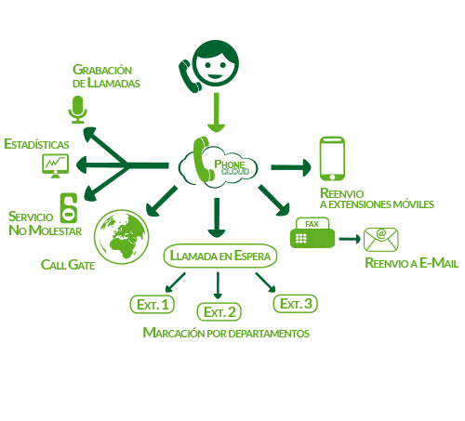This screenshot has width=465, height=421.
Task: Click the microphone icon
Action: click(77, 110)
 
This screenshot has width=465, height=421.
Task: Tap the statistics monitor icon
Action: click(56, 165)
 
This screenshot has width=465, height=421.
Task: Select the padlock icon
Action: click(69, 208)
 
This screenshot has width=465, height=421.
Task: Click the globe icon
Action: click(122, 237)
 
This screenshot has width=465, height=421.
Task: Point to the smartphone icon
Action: click(332, 158)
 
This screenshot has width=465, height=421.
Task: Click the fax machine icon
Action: click(312, 232)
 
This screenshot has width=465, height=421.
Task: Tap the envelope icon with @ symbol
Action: click(381, 240)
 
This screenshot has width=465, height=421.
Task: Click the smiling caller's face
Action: click(216, 63)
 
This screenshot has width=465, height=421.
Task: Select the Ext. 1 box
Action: click(153, 304)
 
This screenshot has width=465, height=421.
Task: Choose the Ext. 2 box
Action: click(219, 311)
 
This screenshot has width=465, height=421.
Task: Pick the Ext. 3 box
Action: click(296, 304)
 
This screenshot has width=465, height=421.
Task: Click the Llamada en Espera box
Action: click(220, 256)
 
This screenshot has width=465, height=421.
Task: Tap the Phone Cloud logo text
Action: click(232, 167)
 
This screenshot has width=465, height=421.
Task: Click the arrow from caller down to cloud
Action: click(216, 112)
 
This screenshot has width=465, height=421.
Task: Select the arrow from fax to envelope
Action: click(350, 239)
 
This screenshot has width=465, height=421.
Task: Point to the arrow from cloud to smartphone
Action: click(291, 167)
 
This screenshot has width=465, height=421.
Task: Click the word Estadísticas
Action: click(36, 144)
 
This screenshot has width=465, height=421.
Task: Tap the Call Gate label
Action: click(68, 265)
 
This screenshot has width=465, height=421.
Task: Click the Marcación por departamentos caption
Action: click(226, 333)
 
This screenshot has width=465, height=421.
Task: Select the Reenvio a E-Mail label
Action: click(412, 263)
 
